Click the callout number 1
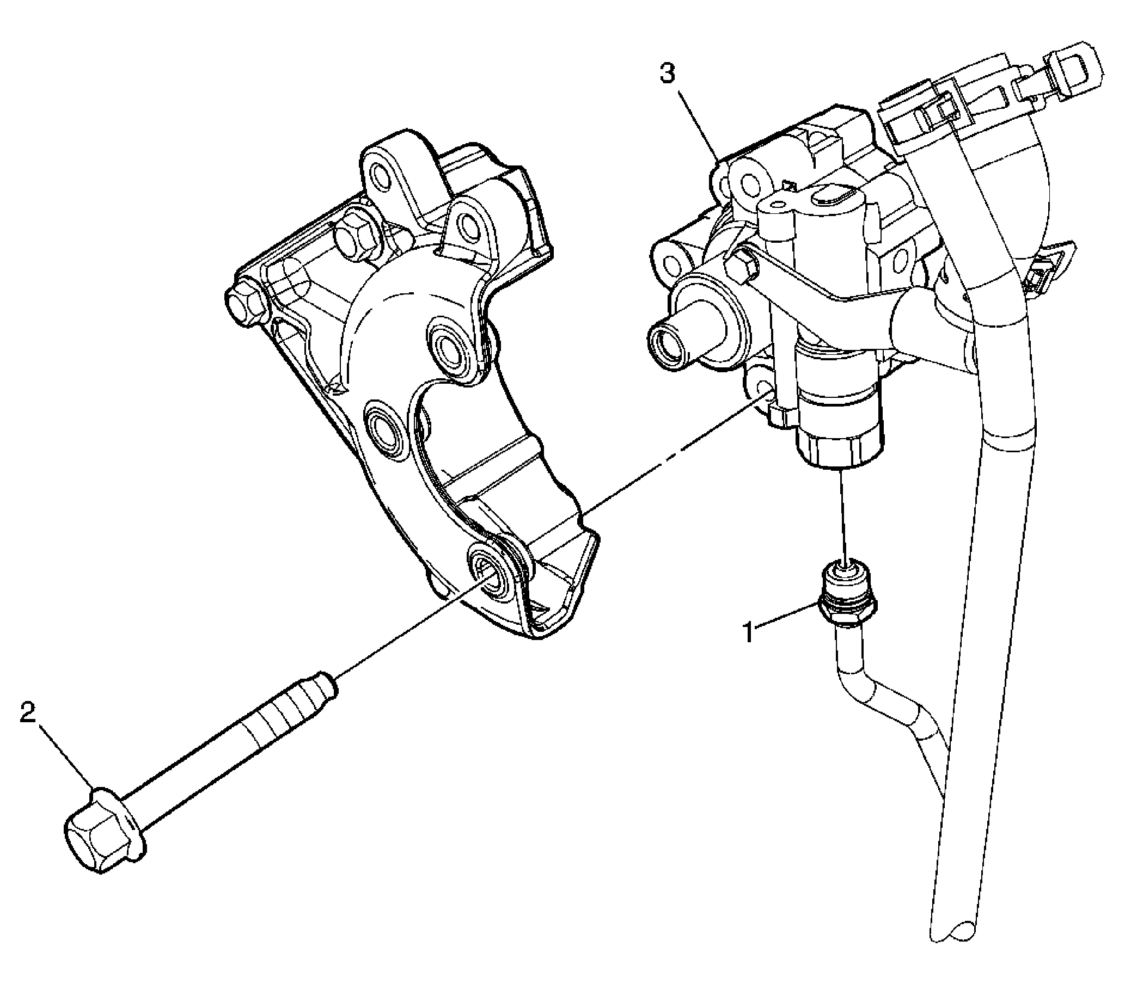(750, 632)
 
